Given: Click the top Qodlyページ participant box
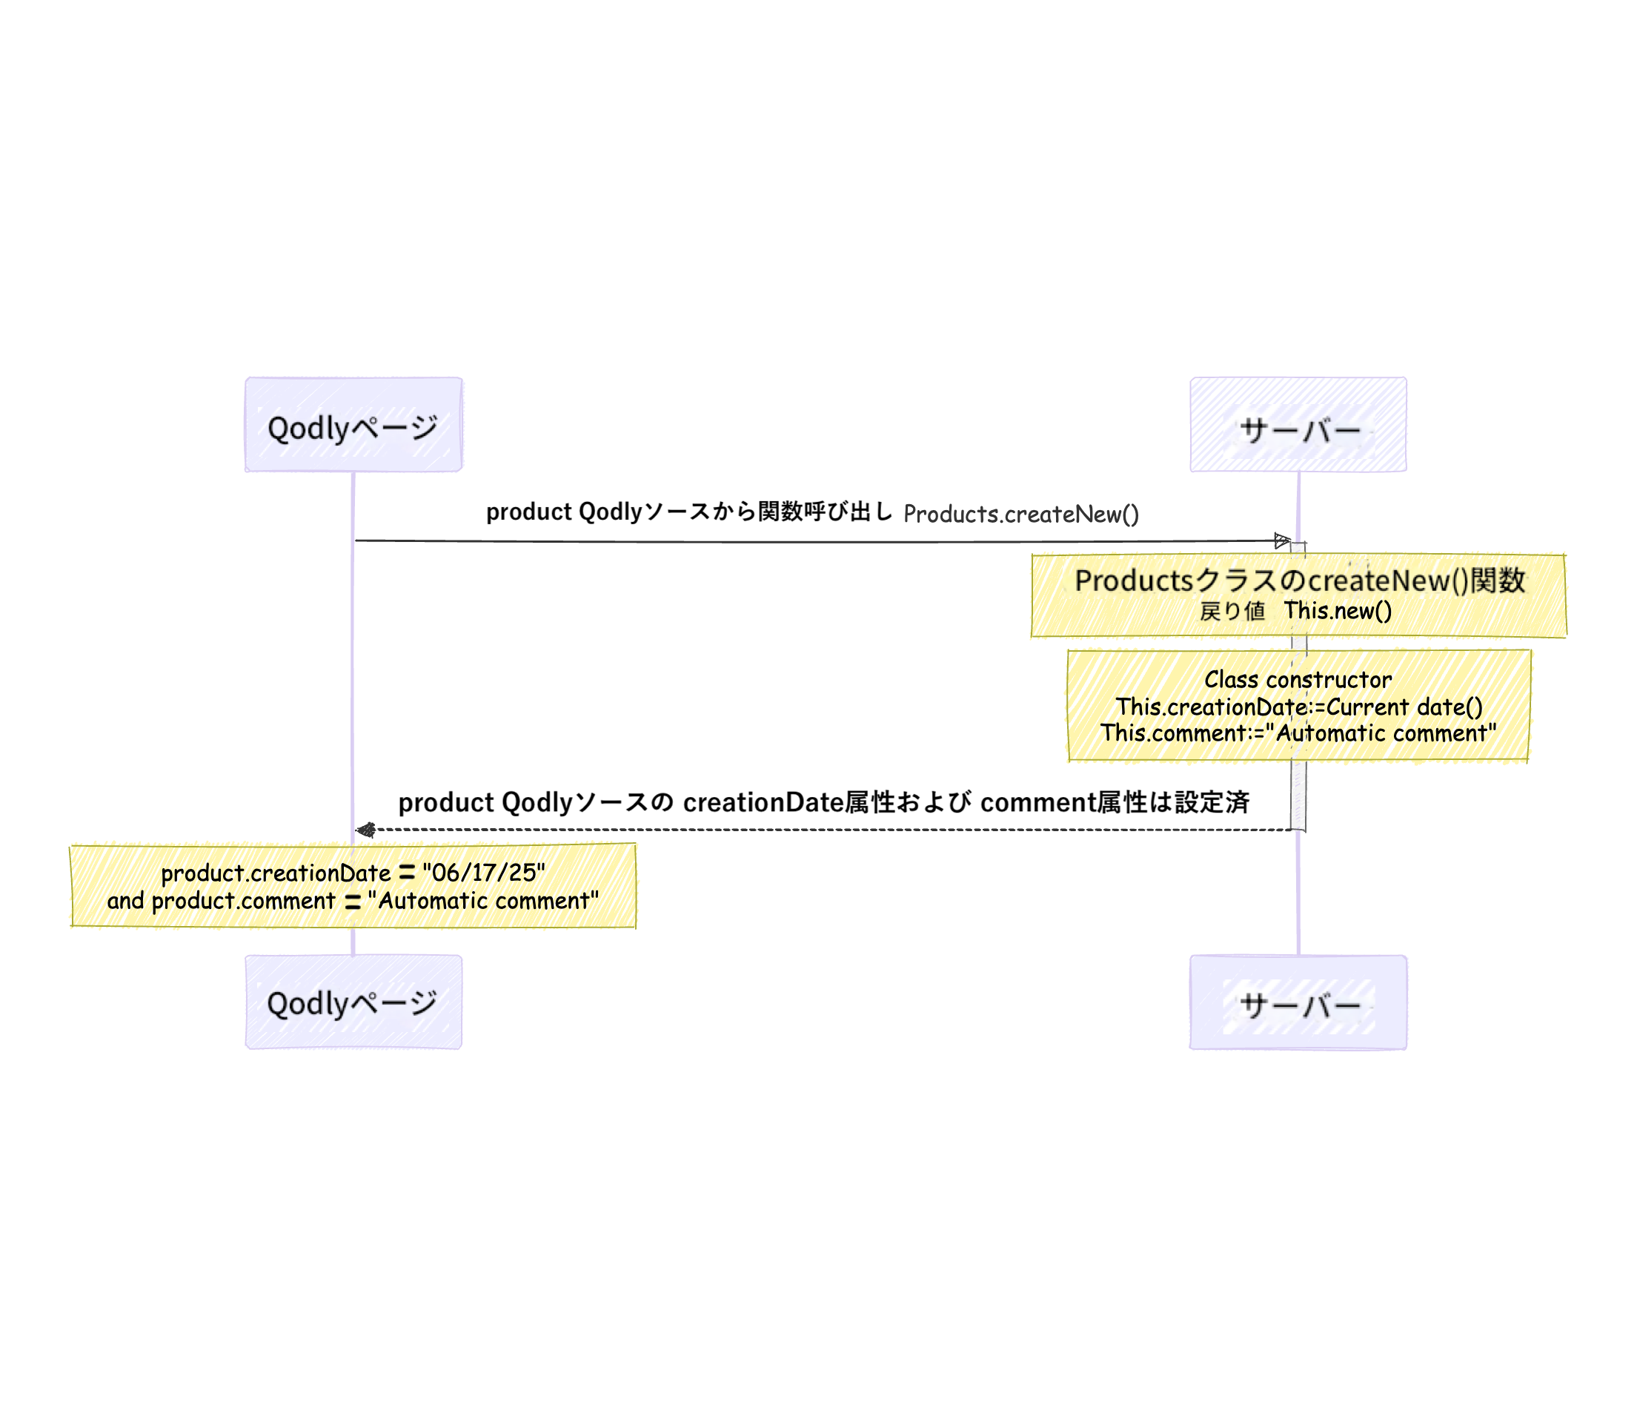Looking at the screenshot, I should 353,425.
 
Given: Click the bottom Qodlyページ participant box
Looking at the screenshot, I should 353,1002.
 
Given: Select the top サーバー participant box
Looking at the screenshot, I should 1298,425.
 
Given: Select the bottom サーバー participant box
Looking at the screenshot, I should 1298,1002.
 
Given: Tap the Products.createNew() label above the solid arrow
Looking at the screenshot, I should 1020,514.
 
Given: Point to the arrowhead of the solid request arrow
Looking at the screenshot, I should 1282,541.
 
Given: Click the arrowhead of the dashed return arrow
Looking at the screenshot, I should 365,830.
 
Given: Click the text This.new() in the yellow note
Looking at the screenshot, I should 1338,611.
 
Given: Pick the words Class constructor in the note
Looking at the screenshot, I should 1298,680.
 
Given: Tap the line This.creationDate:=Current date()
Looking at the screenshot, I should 1298,707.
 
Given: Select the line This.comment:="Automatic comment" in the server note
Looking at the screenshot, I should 1298,733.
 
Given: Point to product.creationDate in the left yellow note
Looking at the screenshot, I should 276,873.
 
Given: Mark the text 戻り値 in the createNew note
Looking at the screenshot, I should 1232,611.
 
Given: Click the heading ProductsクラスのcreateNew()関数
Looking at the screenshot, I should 1299,580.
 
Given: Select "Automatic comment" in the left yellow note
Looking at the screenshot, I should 482,900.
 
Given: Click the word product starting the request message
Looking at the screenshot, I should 529,512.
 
